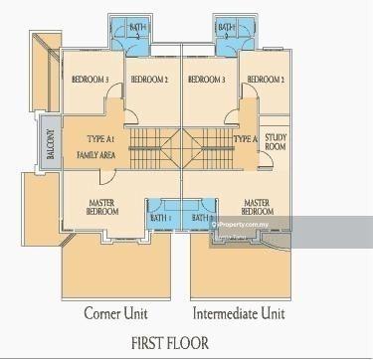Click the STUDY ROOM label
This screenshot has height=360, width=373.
pos(276,143)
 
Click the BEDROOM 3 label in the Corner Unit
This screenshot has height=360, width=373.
pos(91,79)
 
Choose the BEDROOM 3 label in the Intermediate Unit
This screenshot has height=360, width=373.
pos(210,79)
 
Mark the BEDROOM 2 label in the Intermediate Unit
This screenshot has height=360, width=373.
pos(267,79)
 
